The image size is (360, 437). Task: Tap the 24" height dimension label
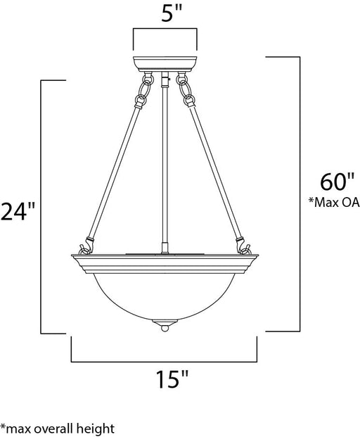pos(18,212)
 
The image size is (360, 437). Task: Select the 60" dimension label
pos(337,182)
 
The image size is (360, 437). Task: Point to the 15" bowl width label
pos(172,379)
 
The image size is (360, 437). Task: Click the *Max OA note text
pos(334,203)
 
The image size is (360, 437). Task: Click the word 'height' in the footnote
pos(97,428)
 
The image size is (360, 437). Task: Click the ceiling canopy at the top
pos(165,64)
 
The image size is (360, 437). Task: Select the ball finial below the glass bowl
pos(165,329)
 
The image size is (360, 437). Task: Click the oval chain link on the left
pos(146,89)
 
